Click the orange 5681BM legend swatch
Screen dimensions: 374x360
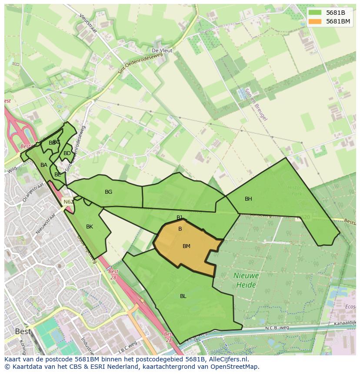[x=316, y=21]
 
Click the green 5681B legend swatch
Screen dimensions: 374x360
[x=316, y=13]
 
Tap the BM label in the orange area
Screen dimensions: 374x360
[x=187, y=246]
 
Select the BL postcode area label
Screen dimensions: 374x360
[x=183, y=296]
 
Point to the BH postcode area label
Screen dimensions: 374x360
[x=248, y=199]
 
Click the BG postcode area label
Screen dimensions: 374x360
[x=109, y=192]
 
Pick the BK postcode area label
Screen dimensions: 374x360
[x=90, y=227]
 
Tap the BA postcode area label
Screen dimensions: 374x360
[x=44, y=165]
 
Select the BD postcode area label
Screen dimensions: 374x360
[x=67, y=153]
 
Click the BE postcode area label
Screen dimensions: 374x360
[x=58, y=175]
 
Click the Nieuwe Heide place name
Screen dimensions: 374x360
[x=246, y=280]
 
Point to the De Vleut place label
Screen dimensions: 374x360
[x=162, y=50]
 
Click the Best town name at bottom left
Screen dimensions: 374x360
[x=23, y=331]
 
